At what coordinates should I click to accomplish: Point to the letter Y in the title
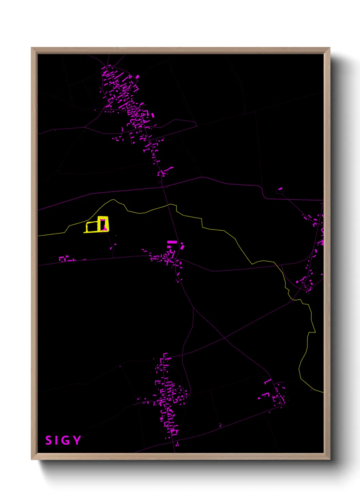pos(77,440)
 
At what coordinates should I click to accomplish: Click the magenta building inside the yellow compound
pos(103,225)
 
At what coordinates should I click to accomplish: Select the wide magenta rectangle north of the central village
pos(172,242)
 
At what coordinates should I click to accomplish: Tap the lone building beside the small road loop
pos(280,188)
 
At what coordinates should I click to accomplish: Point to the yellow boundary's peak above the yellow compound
pos(113,200)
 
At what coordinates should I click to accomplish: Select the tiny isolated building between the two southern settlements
pos(220,425)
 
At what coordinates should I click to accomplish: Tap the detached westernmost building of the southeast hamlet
pos(259,398)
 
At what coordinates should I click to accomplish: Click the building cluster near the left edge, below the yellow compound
pos(67,259)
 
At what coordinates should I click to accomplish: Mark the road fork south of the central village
pos(193,308)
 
